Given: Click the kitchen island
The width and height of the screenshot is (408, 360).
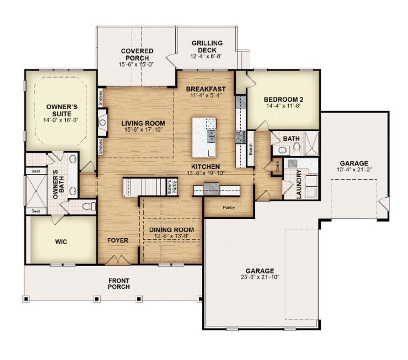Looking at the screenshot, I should pyautogui.click(x=204, y=137).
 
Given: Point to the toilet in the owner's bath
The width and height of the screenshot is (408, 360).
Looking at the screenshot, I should pyautogui.click(x=88, y=207).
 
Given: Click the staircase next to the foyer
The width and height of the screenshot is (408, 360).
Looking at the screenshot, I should pyautogui.click(x=145, y=188).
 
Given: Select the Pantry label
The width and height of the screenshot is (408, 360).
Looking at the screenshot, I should pyautogui.click(x=229, y=208).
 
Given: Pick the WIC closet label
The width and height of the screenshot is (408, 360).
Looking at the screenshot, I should pyautogui.click(x=61, y=241).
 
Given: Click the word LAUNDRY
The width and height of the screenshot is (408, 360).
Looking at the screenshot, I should pyautogui.click(x=299, y=184).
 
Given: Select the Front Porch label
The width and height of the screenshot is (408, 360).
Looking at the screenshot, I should pyautogui.click(x=119, y=284).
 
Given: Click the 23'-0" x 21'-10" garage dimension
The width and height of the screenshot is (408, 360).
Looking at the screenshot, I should pyautogui.click(x=260, y=277).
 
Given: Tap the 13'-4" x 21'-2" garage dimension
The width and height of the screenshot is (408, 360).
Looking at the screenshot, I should pyautogui.click(x=353, y=169).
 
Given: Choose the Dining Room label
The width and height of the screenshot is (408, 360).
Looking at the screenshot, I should pyautogui.click(x=171, y=230).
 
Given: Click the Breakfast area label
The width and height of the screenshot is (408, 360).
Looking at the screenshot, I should pyautogui.click(x=206, y=89).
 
